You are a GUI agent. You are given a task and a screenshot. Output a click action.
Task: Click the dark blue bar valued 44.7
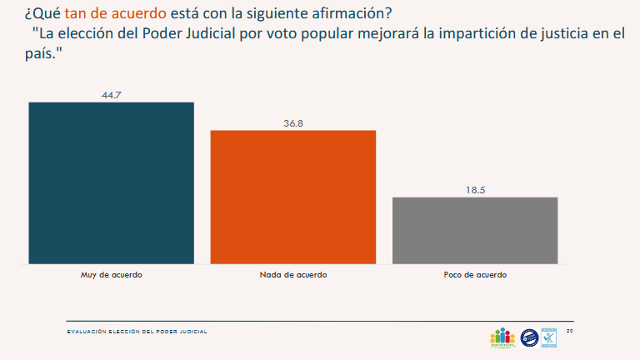[111, 182]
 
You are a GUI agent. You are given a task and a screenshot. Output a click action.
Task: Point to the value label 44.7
[112, 95]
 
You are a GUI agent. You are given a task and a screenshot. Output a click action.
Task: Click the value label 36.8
[293, 123]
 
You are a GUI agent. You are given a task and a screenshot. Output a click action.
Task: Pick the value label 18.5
[475, 190]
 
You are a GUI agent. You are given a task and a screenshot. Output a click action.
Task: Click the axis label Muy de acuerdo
[111, 274]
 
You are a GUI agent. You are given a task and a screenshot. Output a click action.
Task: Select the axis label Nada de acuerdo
[293, 274]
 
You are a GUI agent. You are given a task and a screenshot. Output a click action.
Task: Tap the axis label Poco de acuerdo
[475, 274]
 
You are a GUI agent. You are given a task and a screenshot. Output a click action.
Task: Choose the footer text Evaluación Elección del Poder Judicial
[137, 332]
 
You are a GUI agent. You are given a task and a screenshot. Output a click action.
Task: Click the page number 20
[570, 331]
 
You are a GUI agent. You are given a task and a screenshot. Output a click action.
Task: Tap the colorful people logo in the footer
[502, 337]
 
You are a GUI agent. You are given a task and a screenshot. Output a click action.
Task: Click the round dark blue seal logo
[529, 337]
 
